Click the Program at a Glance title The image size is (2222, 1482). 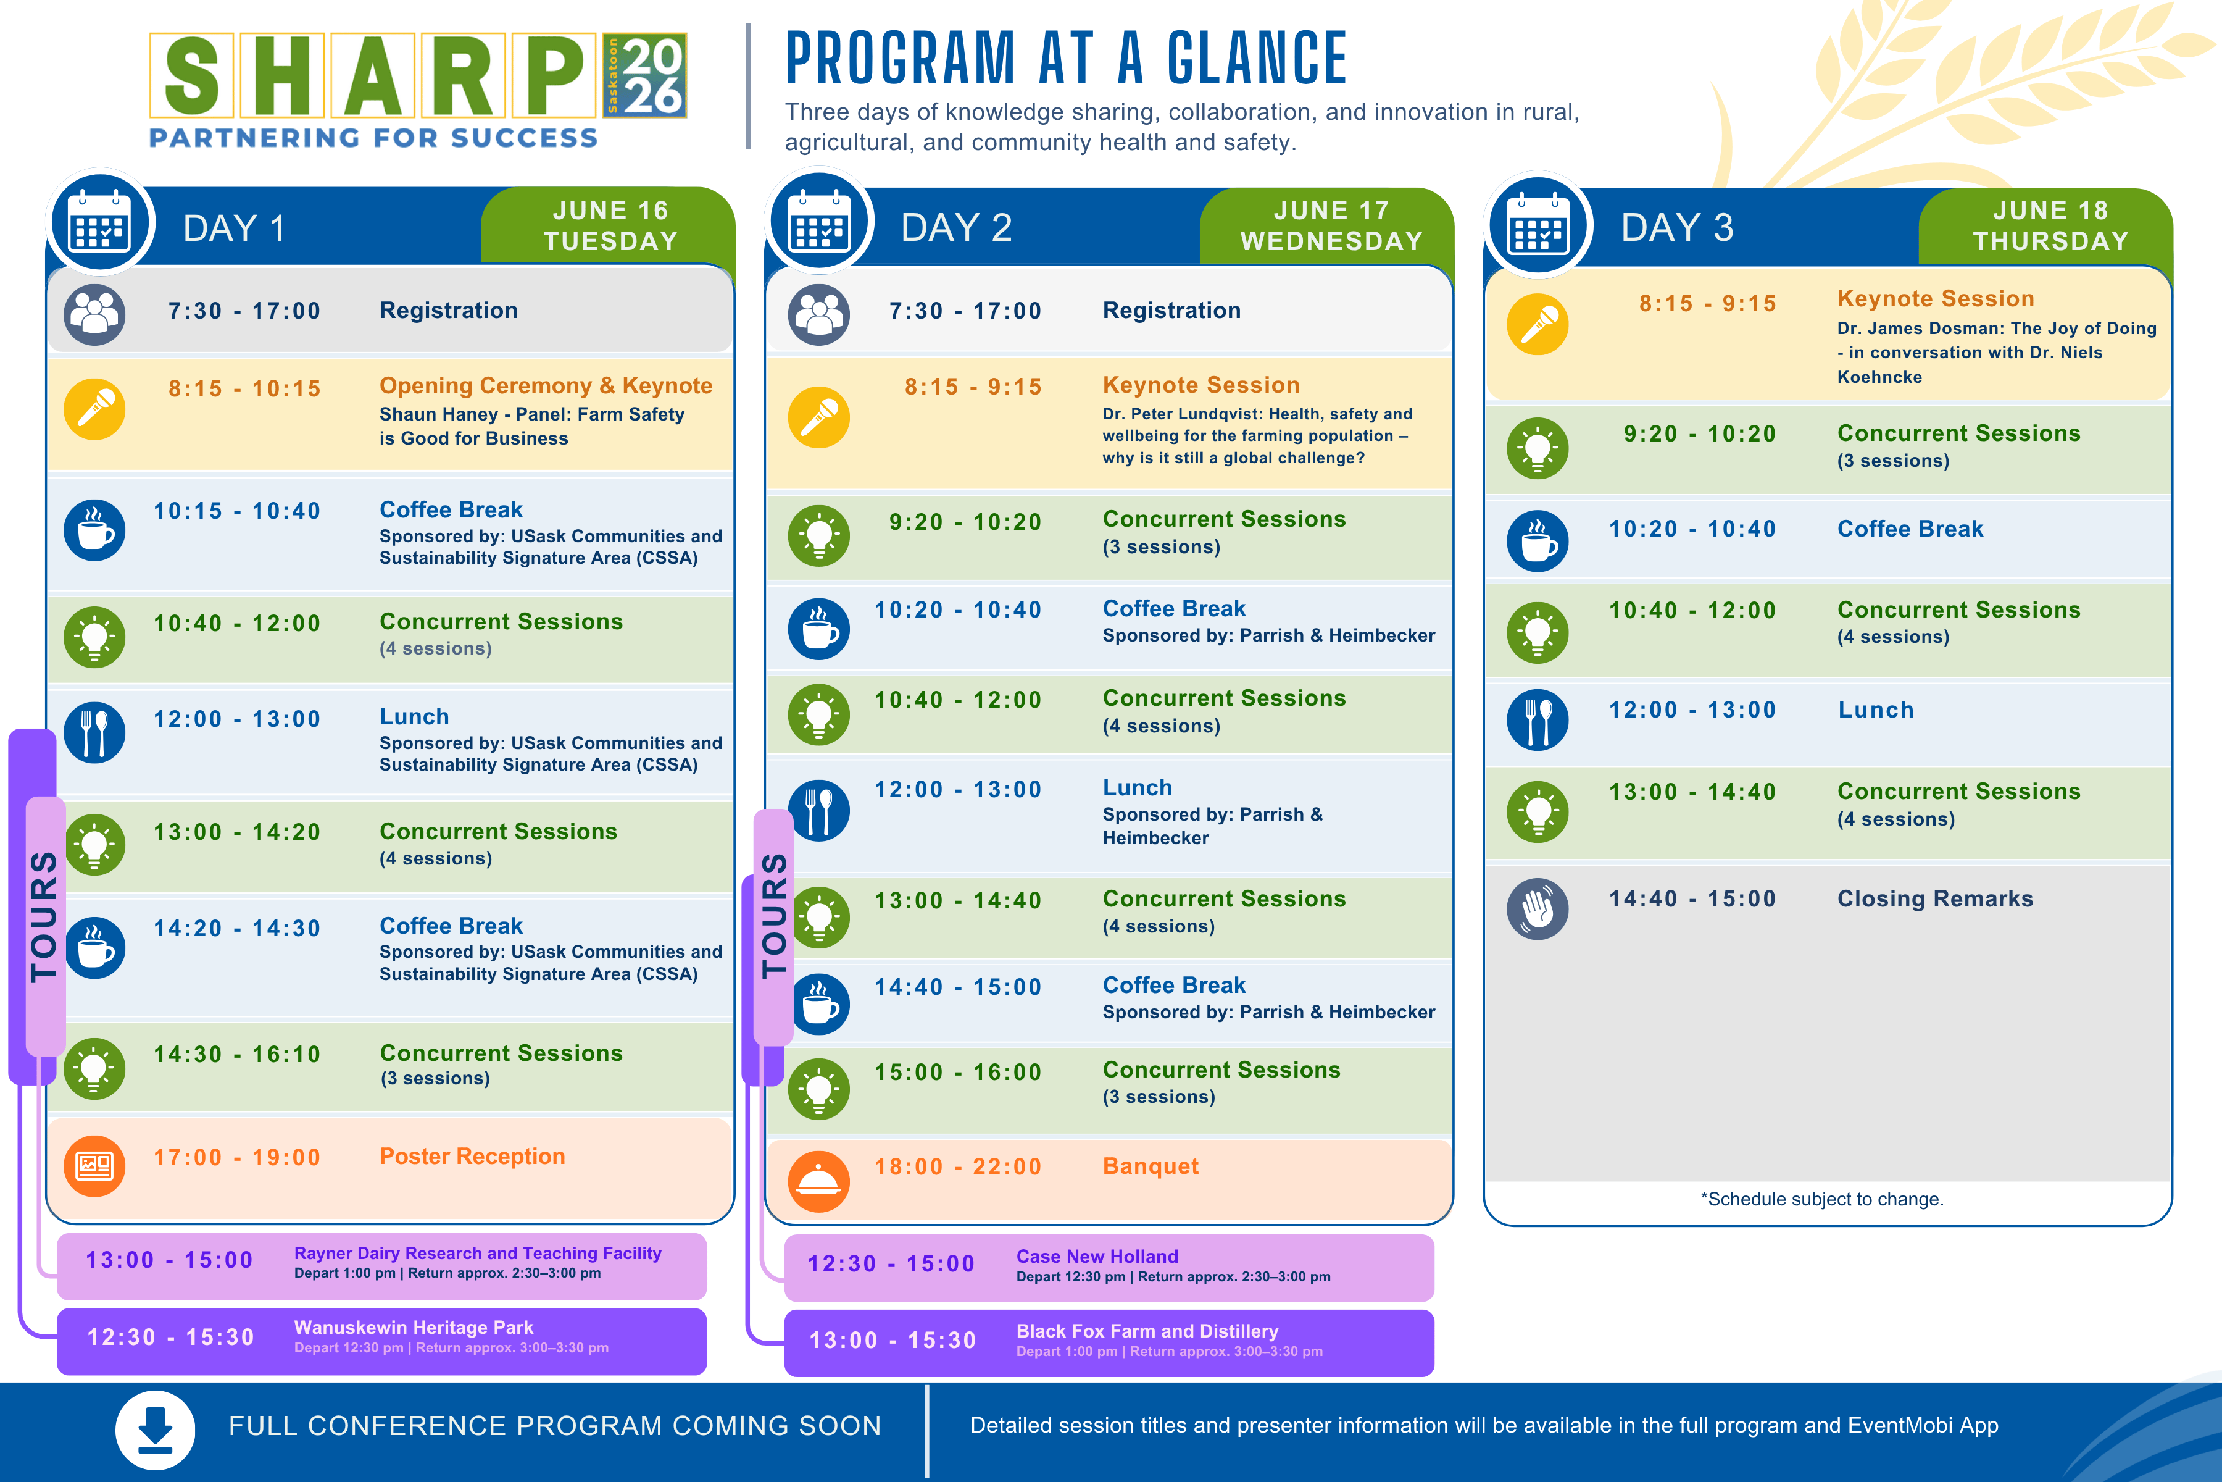1066,59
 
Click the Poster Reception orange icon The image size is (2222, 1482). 94,1165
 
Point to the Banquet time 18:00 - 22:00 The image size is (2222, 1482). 957,1166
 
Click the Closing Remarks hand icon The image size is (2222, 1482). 1537,908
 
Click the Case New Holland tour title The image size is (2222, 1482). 1097,1256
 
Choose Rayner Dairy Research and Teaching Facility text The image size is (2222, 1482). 477,1254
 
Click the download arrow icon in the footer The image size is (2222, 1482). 155,1429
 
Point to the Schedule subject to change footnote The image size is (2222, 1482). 1821,1199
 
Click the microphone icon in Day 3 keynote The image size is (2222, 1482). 1537,324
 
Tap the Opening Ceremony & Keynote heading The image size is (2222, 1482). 545,385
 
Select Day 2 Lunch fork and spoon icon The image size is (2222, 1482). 819,810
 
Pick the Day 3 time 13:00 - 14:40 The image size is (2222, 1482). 1692,792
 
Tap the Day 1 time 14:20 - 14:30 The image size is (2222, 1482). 237,928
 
